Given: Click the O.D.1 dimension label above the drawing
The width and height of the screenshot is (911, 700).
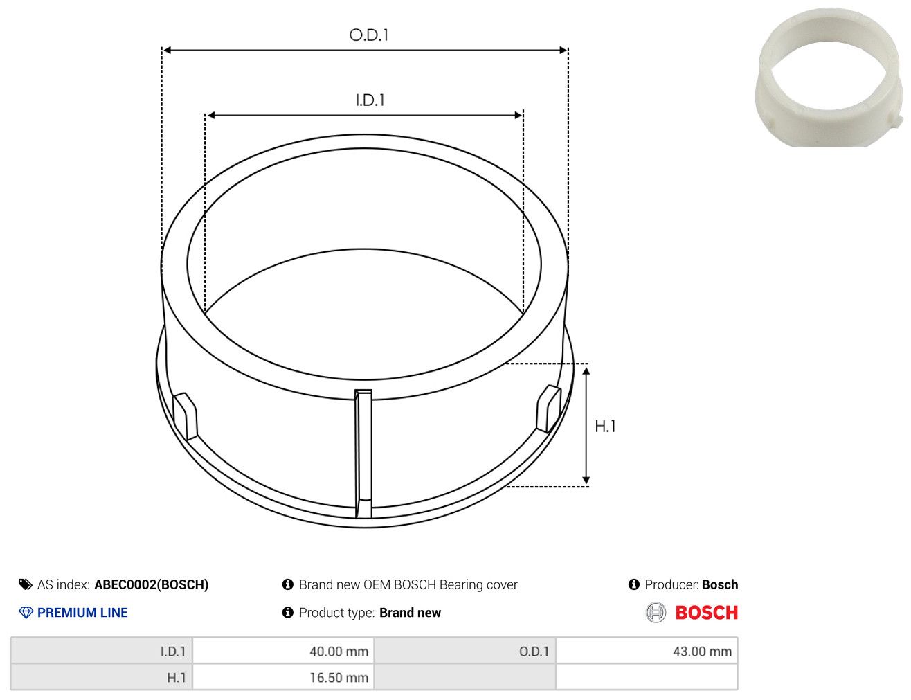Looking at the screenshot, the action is click(x=369, y=35).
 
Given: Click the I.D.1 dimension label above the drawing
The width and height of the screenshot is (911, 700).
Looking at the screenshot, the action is click(x=370, y=100).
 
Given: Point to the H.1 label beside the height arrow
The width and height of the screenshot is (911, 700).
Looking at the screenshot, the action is click(x=605, y=427).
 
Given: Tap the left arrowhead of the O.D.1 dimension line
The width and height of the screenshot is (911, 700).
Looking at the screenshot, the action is click(x=167, y=51).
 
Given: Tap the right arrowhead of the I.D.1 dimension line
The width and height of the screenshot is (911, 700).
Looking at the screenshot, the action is click(x=518, y=115).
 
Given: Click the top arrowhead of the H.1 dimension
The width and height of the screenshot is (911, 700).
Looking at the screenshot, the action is click(x=586, y=370).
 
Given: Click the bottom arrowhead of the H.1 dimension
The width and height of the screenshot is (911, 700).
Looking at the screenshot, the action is click(x=586, y=480).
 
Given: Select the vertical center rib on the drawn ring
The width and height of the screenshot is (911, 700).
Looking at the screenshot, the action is click(x=363, y=454).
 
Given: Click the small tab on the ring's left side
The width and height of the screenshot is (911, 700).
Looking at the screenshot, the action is click(x=185, y=416).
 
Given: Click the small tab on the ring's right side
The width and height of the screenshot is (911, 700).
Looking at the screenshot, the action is click(x=549, y=409).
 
